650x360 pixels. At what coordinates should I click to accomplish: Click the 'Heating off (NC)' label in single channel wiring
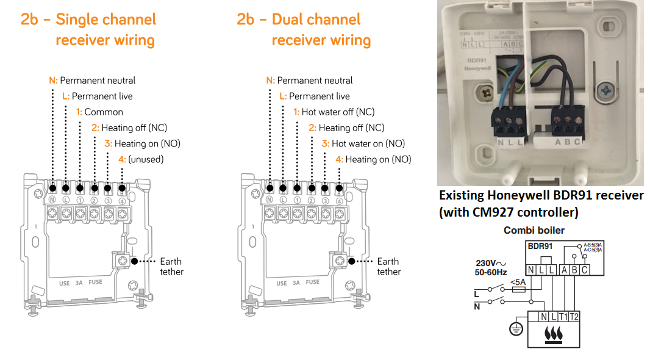click(x=134, y=128)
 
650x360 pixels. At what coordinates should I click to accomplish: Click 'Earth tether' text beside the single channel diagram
click(x=171, y=267)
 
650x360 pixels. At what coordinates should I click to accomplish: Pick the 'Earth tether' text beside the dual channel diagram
click(x=388, y=267)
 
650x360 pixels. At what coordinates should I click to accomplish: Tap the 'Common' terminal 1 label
click(x=103, y=112)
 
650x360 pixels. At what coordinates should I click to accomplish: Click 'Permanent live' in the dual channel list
click(x=319, y=96)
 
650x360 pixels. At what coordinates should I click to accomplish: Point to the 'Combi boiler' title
click(x=534, y=231)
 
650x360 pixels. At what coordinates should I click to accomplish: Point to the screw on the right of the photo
click(x=605, y=89)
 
